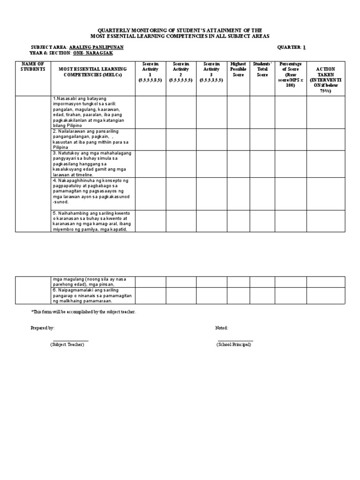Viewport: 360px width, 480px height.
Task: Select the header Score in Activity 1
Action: click(150, 72)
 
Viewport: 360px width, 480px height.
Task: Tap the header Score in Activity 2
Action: click(180, 72)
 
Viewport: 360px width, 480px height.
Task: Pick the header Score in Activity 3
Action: click(211, 72)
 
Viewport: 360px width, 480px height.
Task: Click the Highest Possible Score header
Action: click(238, 69)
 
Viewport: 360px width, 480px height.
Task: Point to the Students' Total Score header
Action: click(262, 69)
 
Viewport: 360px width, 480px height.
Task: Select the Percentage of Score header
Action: click(291, 75)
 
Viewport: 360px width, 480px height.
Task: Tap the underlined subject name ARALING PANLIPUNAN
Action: click(96, 47)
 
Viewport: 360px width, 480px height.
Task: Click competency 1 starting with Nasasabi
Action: click(92, 112)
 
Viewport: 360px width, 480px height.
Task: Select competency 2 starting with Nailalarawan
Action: click(92, 139)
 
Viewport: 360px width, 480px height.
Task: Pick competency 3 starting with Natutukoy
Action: click(92, 164)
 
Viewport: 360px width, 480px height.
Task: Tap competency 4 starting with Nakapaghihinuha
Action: click(92, 191)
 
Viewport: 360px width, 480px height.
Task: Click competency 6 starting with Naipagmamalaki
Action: click(92, 296)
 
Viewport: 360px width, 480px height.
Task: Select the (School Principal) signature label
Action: click(233, 345)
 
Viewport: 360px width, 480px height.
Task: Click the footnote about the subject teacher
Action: click(83, 312)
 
